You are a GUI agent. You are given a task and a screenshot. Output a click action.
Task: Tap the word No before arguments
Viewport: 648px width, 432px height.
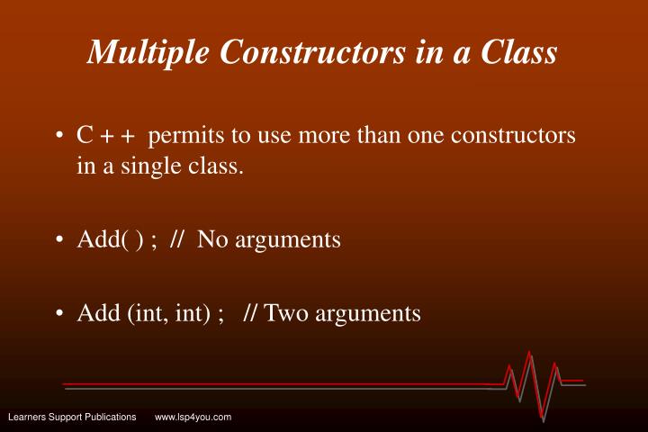(x=212, y=240)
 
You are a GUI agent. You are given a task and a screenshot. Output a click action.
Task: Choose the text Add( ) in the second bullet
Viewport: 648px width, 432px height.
(x=106, y=240)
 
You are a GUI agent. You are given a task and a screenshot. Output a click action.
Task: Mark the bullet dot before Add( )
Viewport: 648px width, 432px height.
(x=59, y=241)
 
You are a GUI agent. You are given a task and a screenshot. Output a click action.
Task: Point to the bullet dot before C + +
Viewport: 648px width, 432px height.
(x=59, y=137)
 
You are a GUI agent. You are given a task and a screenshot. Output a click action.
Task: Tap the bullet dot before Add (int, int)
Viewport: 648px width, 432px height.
(x=59, y=313)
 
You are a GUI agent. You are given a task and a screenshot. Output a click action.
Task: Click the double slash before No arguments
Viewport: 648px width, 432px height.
(x=176, y=240)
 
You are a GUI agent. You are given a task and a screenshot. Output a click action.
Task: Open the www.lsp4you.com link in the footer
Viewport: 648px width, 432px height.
(x=193, y=417)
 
